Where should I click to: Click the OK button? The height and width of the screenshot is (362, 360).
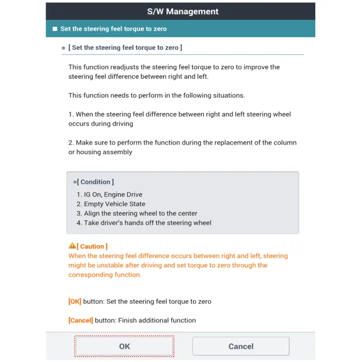(124, 346)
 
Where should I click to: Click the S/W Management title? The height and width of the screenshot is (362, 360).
(180, 11)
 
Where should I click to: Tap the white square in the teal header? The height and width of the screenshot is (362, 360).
(55, 29)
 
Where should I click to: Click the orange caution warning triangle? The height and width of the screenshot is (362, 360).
(72, 246)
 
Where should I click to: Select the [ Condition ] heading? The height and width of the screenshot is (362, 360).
(96, 182)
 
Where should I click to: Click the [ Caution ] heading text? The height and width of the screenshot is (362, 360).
(93, 247)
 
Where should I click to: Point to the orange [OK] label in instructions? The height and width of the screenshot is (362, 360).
(75, 301)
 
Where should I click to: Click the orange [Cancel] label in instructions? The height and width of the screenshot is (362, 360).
(81, 320)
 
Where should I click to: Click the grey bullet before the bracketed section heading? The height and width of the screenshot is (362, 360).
(64, 48)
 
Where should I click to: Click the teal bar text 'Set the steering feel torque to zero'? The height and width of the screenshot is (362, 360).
(113, 29)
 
